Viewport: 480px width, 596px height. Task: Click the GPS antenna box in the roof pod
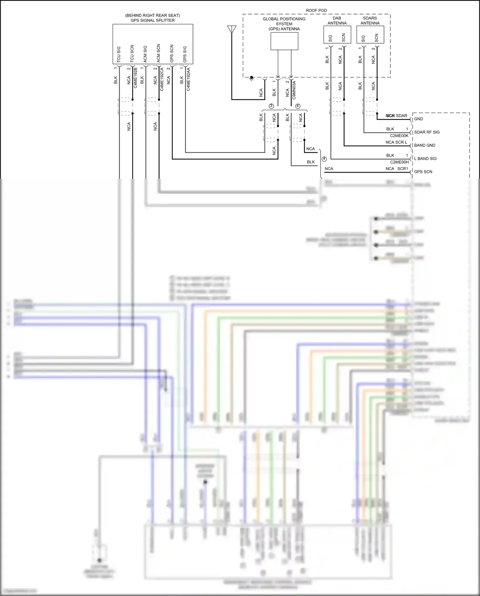284,41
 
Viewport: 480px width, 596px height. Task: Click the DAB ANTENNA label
337,21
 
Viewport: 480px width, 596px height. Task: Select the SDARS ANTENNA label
370,21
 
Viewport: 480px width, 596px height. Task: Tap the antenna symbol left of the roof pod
232,30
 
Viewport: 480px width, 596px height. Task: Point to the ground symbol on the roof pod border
252,78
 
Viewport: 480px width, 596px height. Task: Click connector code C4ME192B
135,78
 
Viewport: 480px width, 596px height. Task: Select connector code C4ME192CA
162,79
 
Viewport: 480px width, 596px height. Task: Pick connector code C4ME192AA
188,79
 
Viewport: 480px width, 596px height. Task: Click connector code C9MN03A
294,90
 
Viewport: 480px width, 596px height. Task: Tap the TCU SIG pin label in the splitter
119,54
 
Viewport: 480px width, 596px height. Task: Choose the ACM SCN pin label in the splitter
158,53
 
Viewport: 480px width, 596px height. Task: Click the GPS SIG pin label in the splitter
185,54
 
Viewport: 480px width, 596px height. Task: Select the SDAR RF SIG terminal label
427,132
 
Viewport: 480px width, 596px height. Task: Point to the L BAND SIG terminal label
425,159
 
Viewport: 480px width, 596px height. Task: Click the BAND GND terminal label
425,145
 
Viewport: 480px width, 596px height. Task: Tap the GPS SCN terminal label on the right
423,172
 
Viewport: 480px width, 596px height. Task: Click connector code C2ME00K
399,136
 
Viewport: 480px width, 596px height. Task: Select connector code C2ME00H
399,162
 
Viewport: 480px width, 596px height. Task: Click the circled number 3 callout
271,106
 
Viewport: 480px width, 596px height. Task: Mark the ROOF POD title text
316,11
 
